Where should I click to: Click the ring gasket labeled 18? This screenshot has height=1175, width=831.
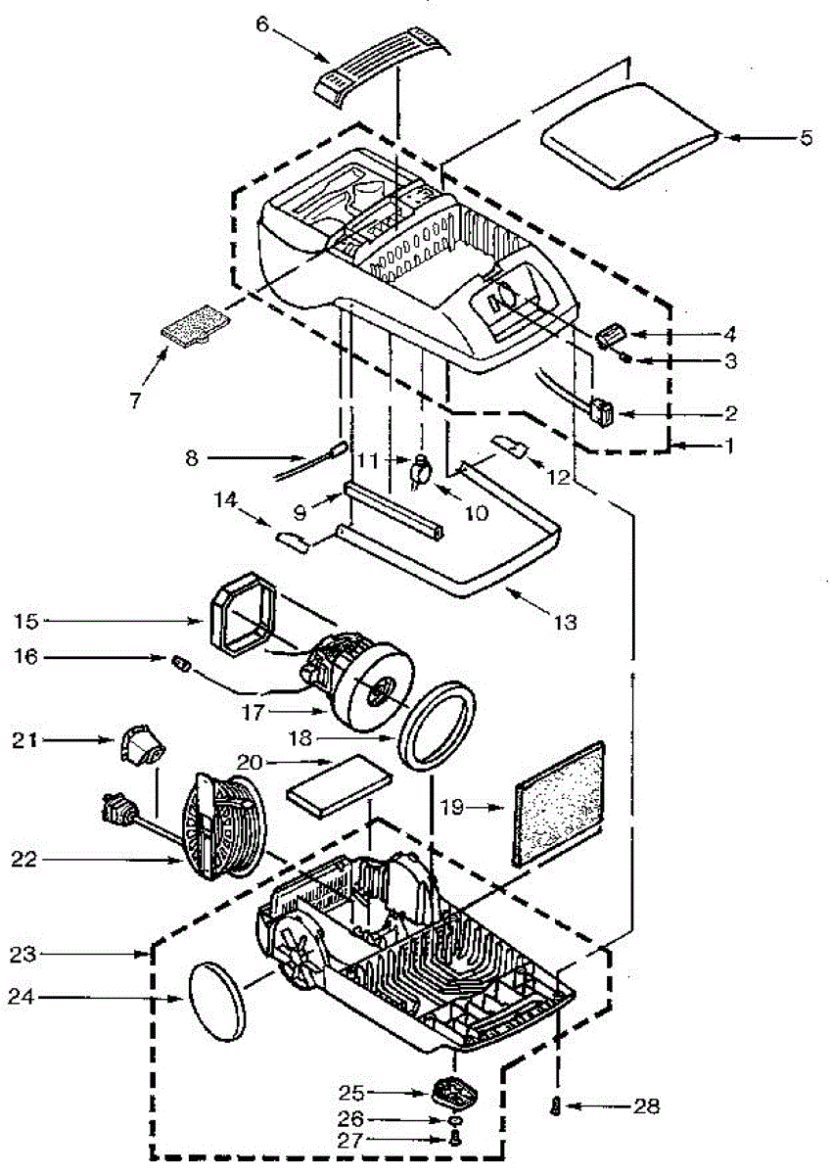tap(439, 726)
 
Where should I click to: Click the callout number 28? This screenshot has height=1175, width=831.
tap(646, 1107)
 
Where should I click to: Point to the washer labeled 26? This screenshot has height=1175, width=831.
tap(456, 1119)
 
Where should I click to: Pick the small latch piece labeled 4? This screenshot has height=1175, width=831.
tap(612, 336)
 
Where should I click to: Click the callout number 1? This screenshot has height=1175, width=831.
tap(725, 446)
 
